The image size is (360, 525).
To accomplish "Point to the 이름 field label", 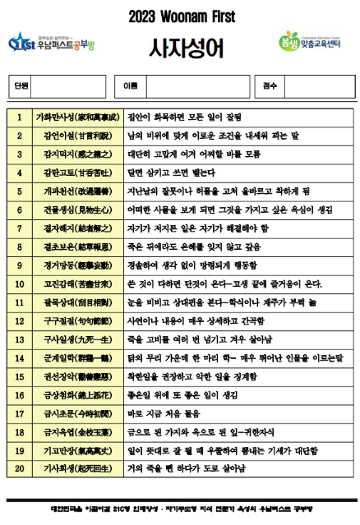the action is coord(130,85).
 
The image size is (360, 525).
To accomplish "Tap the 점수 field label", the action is coord(270,85).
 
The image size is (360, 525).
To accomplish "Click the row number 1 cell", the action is coord(19,117).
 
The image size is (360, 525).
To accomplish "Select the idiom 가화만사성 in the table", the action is coord(76,117).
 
